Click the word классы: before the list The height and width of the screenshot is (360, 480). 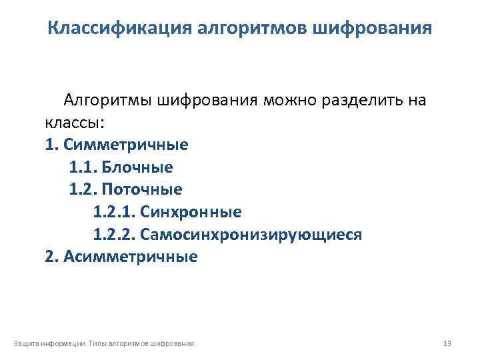[x=75, y=123]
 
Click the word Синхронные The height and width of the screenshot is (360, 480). [x=191, y=212]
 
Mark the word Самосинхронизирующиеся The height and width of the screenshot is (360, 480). [x=251, y=235]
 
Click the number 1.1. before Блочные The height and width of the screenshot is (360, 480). [x=83, y=167]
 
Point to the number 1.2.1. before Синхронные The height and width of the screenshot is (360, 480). [x=114, y=212]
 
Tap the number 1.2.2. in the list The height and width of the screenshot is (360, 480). [x=114, y=235]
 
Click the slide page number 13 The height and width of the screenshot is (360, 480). [x=447, y=343]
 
